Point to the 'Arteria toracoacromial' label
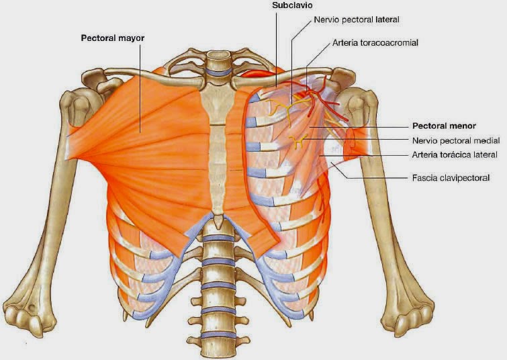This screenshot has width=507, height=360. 375,42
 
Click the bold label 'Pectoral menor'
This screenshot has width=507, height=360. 443,126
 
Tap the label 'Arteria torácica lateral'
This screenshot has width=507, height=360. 453,155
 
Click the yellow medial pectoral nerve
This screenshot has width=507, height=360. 298,140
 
